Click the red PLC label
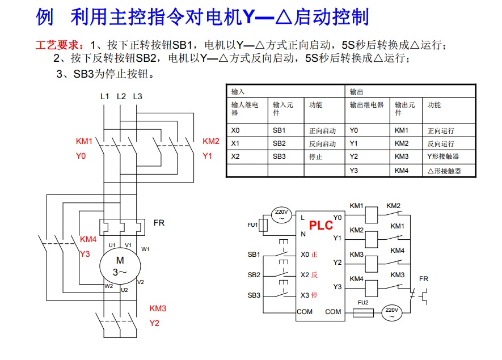point(321,225)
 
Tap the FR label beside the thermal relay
point(159,223)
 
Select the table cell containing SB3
point(279,156)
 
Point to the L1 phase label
point(104,96)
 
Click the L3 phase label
point(137,96)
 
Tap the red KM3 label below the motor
point(158,309)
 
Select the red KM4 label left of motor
point(88,239)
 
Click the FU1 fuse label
point(252,225)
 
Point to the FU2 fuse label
point(363,302)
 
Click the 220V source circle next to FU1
point(281,214)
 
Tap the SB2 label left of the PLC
point(254,275)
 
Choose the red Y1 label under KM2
point(207,155)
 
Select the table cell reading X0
point(235,130)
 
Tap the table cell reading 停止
point(316,157)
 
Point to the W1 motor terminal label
point(146,249)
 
